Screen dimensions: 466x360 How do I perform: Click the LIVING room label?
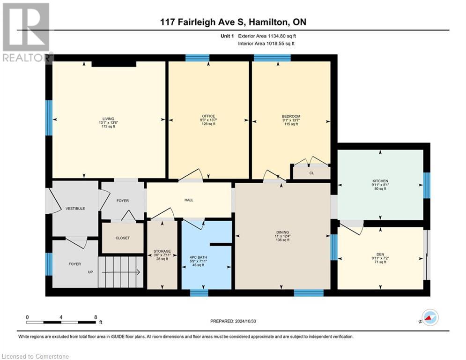109,119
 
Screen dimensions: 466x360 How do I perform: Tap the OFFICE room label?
208,116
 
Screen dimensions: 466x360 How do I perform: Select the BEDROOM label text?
291,116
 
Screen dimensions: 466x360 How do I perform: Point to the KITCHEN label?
380,181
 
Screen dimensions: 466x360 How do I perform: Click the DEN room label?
380,255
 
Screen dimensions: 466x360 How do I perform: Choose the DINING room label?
282,232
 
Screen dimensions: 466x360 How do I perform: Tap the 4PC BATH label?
198,257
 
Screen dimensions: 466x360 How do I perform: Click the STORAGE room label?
162,251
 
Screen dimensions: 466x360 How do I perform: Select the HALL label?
189,200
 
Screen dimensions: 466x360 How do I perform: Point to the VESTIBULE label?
75,209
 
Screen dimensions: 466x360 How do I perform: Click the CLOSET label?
122,238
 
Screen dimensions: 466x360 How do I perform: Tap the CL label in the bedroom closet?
311,173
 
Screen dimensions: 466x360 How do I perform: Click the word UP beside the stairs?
90,272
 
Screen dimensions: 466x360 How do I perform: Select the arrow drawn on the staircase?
121,272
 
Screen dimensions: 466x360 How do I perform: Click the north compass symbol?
430,318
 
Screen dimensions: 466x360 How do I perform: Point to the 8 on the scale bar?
96,317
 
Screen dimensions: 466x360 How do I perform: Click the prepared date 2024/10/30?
245,321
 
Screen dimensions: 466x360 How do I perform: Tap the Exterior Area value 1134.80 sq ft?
282,36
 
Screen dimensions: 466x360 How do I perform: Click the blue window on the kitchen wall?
427,185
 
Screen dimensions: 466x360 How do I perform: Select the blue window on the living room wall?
49,118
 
